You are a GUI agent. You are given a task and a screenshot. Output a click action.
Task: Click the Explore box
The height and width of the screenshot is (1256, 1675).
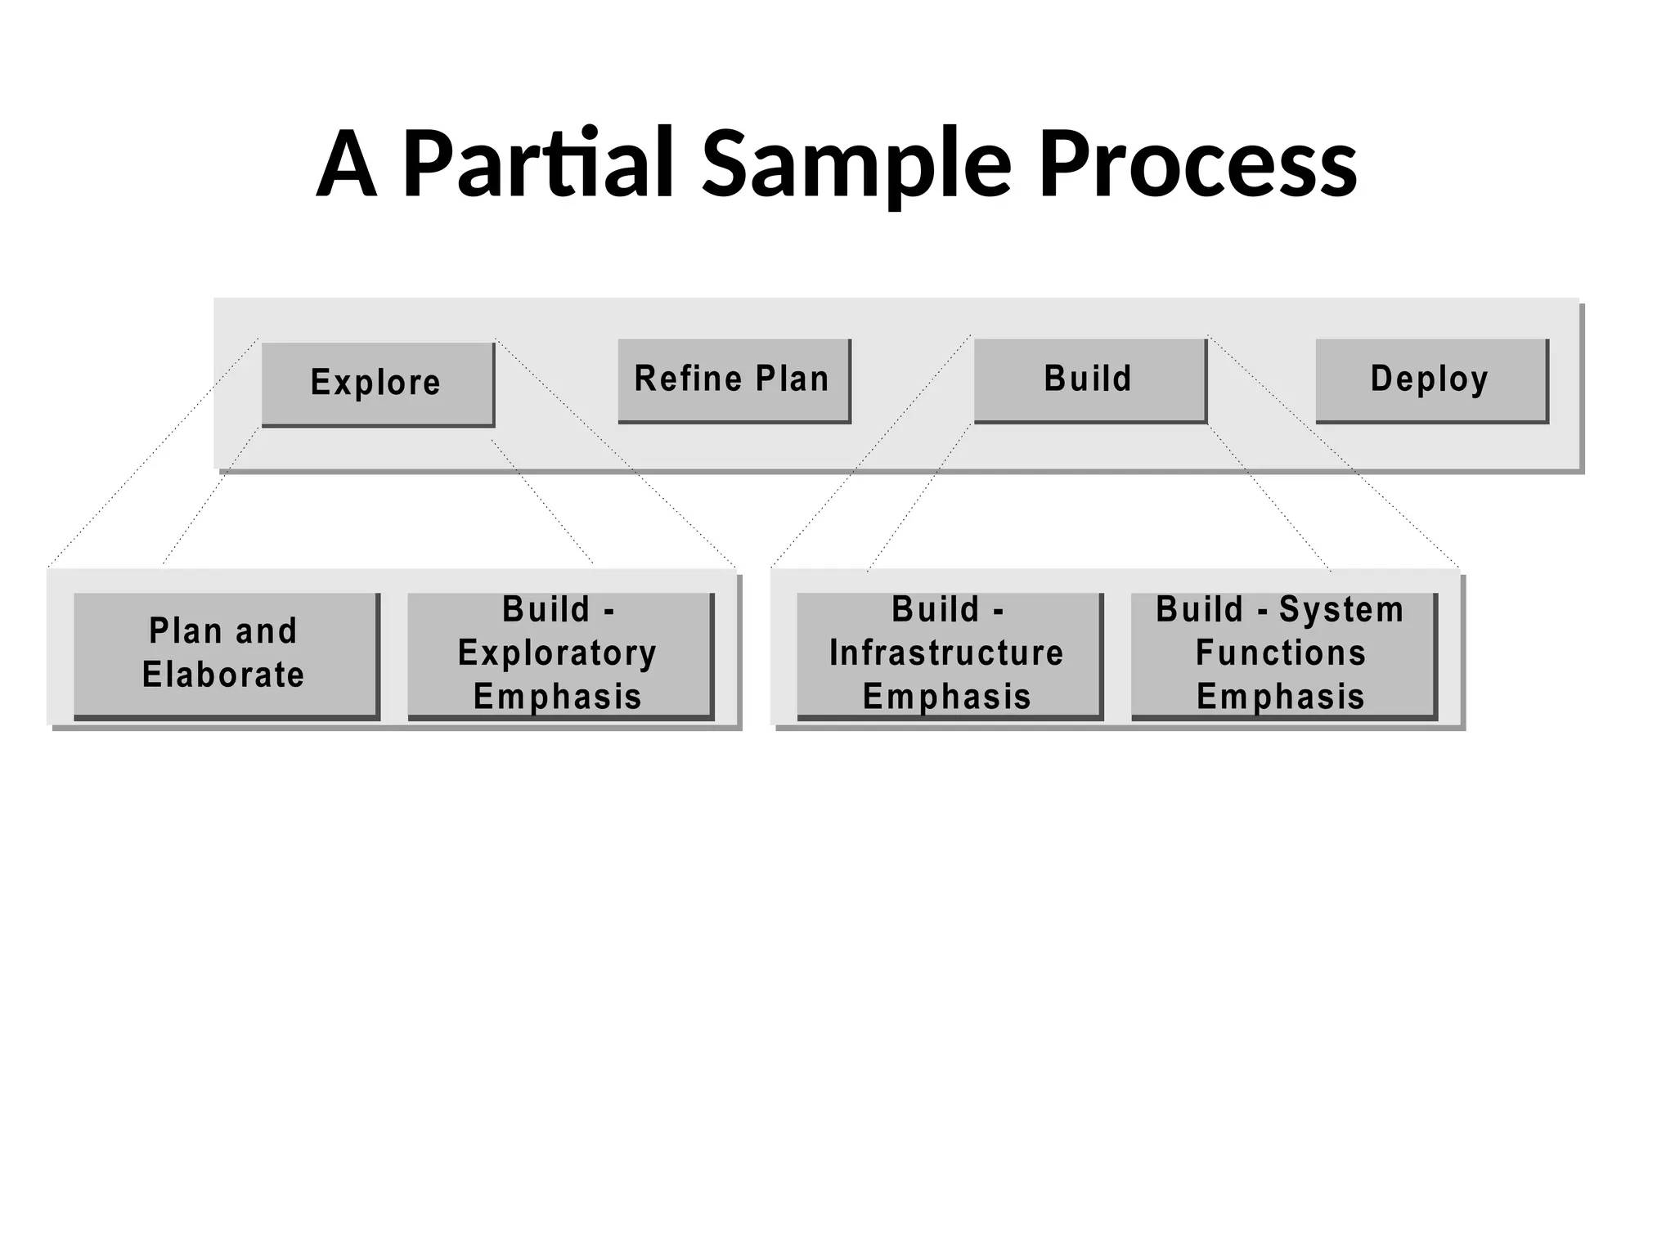(377, 384)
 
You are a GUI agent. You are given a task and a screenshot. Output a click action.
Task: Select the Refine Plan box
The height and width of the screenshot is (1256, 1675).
(733, 380)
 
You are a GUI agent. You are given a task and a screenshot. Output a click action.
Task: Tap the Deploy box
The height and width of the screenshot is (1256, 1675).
(1430, 380)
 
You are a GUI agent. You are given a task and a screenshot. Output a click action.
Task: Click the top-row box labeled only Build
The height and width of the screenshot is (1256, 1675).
(1089, 380)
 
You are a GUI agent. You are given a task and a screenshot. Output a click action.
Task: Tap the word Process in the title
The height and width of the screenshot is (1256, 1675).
(1198, 164)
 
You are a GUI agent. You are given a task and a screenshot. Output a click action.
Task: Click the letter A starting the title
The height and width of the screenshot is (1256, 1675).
(347, 164)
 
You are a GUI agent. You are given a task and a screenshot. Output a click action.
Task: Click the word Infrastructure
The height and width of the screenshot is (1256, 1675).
(946, 653)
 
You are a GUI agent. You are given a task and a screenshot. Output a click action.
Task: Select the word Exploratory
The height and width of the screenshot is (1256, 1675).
(557, 653)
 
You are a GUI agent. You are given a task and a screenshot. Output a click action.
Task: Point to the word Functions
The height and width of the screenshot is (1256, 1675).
(1281, 653)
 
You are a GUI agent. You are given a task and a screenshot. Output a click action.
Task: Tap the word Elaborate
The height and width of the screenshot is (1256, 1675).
(223, 675)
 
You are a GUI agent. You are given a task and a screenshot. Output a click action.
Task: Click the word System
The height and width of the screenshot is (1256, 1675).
(1341, 610)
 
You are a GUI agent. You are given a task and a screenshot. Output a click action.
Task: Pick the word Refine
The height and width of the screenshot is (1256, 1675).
(689, 379)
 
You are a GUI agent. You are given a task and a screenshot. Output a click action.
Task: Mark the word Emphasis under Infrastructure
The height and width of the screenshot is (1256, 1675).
(946, 698)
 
